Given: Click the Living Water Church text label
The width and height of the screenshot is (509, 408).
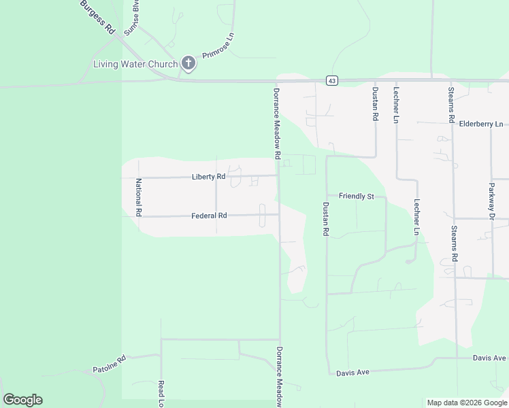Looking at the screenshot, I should point(135,65).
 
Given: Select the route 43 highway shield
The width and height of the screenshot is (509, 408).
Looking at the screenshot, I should point(331,80).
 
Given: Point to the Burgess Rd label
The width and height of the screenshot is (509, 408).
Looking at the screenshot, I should point(97,17).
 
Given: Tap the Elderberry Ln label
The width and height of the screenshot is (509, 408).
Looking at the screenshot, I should point(481,124).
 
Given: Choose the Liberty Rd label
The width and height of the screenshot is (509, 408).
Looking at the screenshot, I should point(208,177).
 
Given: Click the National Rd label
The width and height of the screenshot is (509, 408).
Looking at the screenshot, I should point(138,197).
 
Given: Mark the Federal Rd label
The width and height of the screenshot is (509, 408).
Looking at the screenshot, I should point(209,216).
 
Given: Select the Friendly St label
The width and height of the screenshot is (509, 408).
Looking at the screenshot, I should point(357,197).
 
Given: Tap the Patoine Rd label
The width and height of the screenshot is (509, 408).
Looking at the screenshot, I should point(110,364).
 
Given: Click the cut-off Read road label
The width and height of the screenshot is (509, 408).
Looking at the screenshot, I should point(162,393).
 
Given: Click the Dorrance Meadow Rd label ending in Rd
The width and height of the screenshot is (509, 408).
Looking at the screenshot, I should point(278,123).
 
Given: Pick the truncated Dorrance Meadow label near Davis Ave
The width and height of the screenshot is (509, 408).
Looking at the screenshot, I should point(279,377).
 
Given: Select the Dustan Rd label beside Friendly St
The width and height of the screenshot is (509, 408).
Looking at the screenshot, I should point(325,219).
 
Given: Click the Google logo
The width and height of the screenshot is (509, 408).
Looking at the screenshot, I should point(22,400).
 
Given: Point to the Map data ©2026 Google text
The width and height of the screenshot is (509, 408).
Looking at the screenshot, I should point(467,403).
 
